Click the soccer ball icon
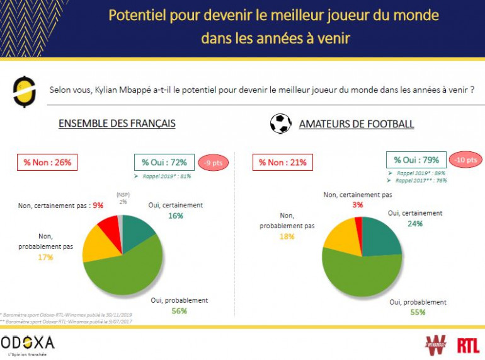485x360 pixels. [x=280, y=123]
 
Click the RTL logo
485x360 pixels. [x=468, y=344]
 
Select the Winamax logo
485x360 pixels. [x=435, y=345]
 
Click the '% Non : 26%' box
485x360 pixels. [x=47, y=163]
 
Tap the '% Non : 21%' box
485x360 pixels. [x=283, y=163]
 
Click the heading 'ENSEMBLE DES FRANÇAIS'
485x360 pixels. [x=117, y=124]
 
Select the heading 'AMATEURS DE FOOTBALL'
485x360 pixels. [x=356, y=124]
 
